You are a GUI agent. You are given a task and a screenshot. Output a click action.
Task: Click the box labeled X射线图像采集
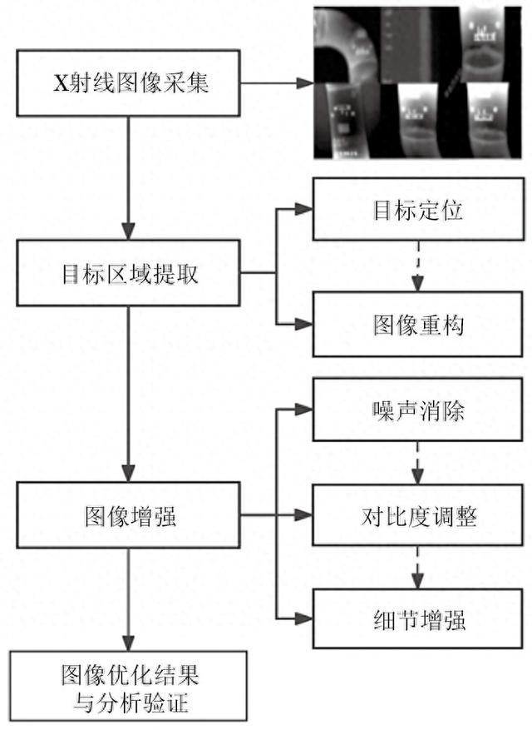(x=128, y=84)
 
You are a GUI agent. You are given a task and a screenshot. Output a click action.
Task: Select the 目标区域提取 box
(x=128, y=274)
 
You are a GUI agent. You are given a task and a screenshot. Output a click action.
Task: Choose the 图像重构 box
(x=413, y=325)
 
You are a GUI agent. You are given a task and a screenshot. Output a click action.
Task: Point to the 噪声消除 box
(x=413, y=410)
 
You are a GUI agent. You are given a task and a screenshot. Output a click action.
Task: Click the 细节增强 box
(x=413, y=619)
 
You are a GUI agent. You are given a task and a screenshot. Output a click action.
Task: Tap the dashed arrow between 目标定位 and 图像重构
(x=413, y=266)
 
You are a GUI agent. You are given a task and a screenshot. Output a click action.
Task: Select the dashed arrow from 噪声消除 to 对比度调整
(x=413, y=462)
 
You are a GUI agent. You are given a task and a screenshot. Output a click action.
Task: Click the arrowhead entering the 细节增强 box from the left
(x=305, y=619)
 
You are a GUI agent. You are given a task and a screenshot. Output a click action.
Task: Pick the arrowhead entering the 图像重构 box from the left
(x=305, y=325)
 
